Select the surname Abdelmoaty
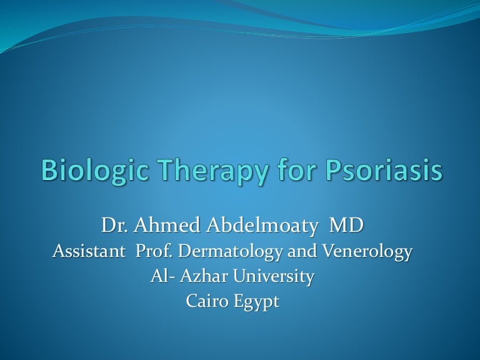pos(257,226)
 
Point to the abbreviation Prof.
pos(155,252)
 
